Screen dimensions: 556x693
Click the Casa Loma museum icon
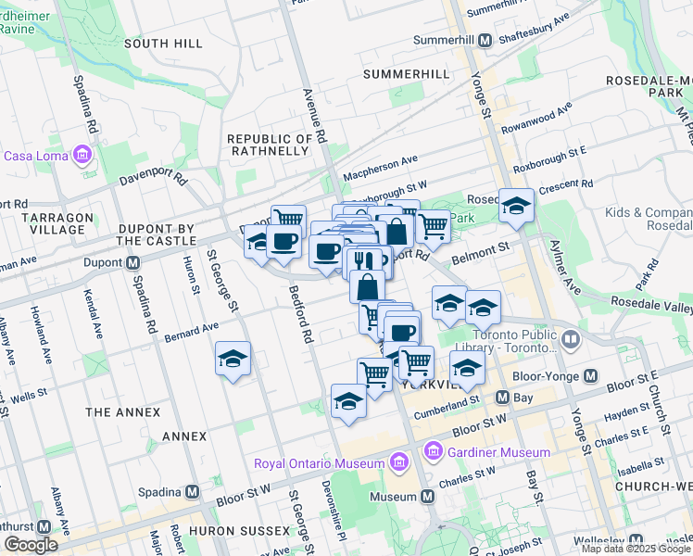tap(83, 154)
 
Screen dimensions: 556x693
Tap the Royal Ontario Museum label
tap(320, 462)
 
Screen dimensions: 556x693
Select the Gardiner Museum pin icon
tap(432, 452)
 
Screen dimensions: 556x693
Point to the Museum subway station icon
tap(427, 497)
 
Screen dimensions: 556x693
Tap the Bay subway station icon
tap(502, 398)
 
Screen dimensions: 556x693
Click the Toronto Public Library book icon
tap(570, 341)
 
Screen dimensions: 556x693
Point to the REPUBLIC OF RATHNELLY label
tap(268, 144)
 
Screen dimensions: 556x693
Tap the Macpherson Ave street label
tap(381, 168)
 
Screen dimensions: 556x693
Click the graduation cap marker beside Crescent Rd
tap(516, 208)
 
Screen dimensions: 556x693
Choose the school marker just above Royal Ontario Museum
tap(348, 402)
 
